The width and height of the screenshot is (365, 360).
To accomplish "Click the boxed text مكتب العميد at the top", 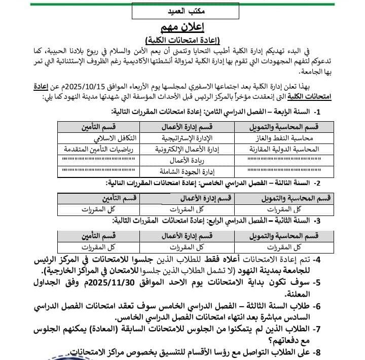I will (185, 10).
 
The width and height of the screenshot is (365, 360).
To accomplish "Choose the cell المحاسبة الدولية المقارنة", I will (284, 149).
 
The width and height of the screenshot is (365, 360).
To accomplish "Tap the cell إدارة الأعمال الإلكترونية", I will (186, 149).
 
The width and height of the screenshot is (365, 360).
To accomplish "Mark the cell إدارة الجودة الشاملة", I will (187, 171).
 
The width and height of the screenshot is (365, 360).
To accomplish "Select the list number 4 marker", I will (317, 260).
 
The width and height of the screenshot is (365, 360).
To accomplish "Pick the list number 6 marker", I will (317, 306).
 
